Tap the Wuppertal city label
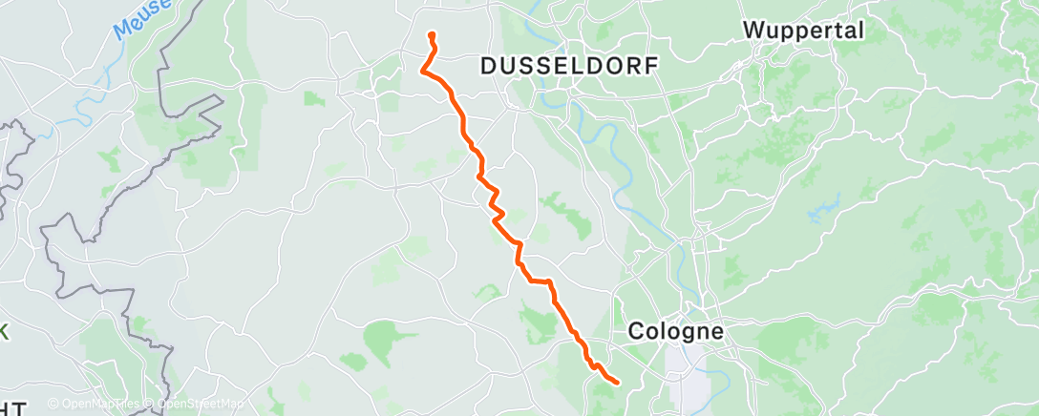point(803,30)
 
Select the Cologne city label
point(676,332)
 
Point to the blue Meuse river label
point(142,18)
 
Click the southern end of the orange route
point(618,383)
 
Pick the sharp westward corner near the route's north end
point(422,69)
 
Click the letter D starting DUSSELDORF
point(488,66)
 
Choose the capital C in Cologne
point(637,332)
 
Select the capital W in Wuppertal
point(753,30)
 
